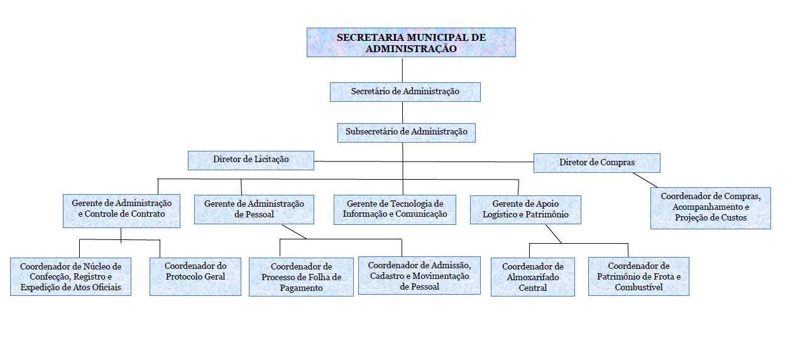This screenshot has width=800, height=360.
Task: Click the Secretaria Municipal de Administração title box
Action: click(411, 43)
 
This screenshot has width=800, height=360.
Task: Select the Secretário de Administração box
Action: click(405, 92)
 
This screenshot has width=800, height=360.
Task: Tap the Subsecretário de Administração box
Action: click(407, 133)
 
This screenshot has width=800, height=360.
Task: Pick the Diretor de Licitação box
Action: click(251, 160)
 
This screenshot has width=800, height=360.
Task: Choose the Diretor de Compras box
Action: click(597, 163)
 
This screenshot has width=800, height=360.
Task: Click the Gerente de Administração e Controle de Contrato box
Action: click(121, 211)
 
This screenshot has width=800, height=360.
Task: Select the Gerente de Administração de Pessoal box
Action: click(254, 210)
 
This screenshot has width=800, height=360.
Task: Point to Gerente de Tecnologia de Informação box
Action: click(395, 210)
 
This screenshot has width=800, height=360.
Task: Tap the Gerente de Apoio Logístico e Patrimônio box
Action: click(525, 210)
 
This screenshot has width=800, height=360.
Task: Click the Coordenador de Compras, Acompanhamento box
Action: click(711, 208)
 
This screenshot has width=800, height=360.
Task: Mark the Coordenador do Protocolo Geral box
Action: click(195, 277)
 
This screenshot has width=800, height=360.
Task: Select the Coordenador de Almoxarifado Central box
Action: click(533, 277)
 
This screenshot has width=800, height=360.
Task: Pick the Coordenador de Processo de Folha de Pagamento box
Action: click(301, 277)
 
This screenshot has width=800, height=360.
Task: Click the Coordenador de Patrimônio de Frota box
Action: click(638, 276)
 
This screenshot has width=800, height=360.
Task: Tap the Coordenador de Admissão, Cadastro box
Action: click(419, 275)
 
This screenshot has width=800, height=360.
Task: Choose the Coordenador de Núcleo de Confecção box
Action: click(71, 277)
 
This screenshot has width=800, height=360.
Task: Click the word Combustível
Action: click(638, 288)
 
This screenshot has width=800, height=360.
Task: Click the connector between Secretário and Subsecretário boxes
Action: click(402, 112)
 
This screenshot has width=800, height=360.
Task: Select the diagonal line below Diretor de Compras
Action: click(645, 180)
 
